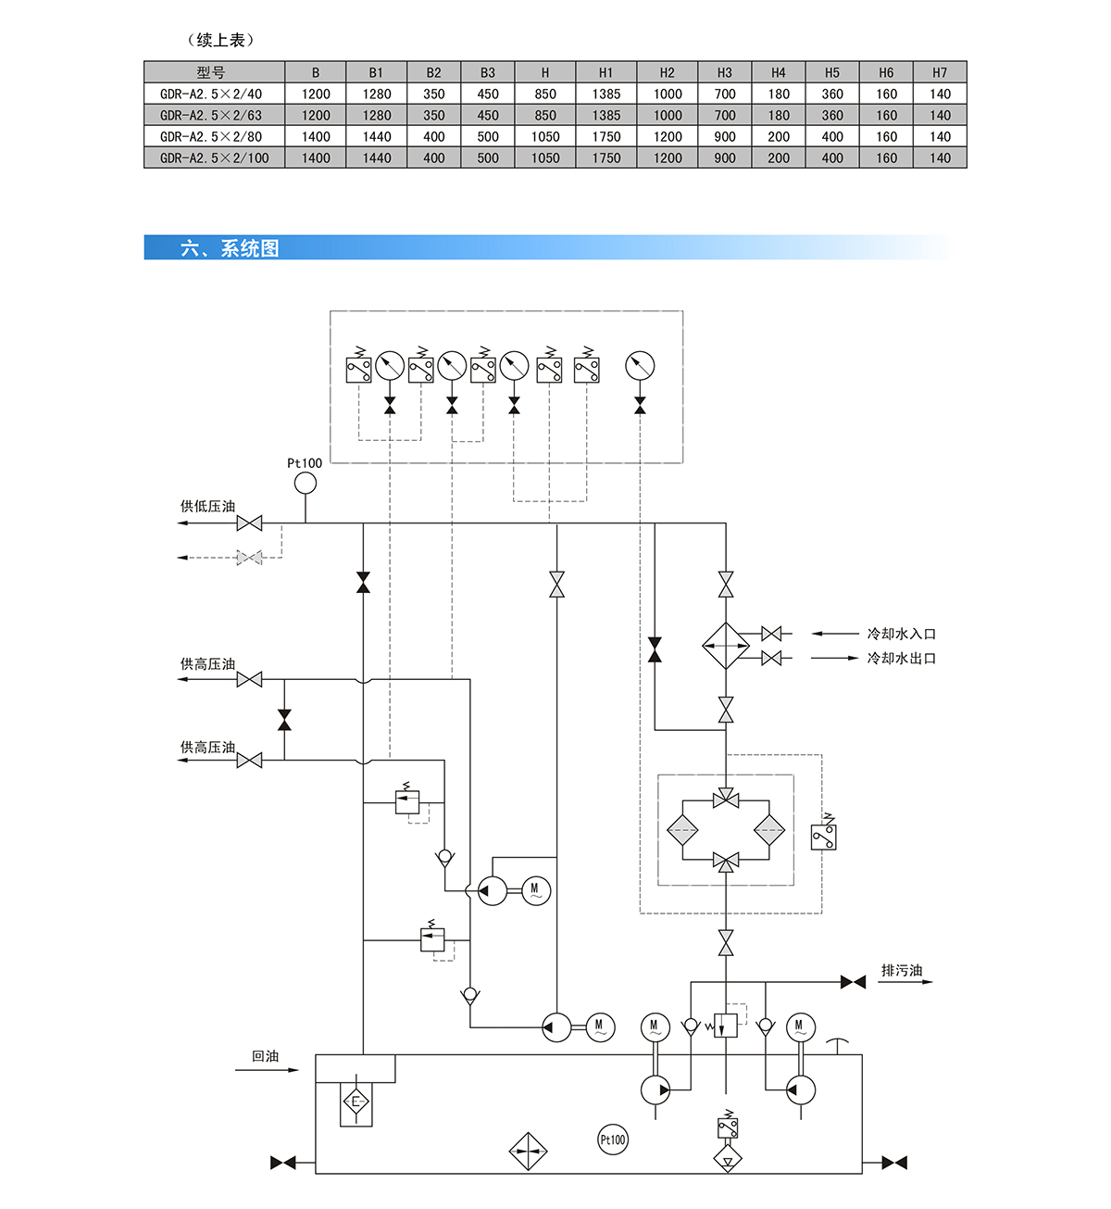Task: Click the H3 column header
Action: (x=724, y=72)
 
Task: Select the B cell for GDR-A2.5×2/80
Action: (x=316, y=137)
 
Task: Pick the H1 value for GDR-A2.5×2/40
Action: (x=605, y=94)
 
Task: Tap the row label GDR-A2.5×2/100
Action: (x=215, y=157)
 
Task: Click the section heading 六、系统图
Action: (x=230, y=247)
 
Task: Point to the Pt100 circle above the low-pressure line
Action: (x=306, y=483)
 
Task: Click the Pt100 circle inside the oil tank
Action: (x=613, y=1140)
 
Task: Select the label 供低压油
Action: (x=208, y=506)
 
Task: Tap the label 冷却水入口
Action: (x=902, y=634)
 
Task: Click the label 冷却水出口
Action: (x=902, y=658)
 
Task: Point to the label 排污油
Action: (x=902, y=970)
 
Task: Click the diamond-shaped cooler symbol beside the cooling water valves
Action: (x=726, y=646)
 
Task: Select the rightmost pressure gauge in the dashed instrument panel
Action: (x=640, y=366)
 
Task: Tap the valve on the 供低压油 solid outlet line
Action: (x=249, y=523)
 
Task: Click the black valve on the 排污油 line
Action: (x=853, y=982)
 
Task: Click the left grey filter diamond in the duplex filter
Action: (x=682, y=830)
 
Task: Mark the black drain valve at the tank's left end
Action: (x=283, y=1163)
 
